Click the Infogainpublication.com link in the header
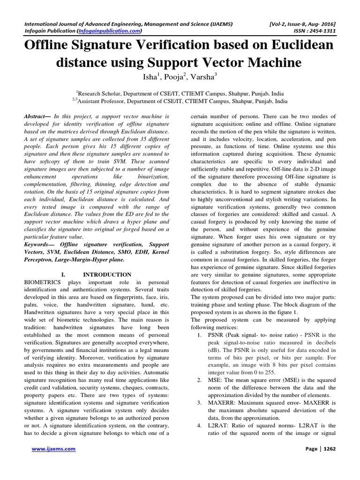click(109, 31)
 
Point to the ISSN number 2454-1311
click(322, 31)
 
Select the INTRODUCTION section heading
click(107, 274)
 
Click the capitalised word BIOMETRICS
click(43, 283)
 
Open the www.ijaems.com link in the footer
click(53, 449)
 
